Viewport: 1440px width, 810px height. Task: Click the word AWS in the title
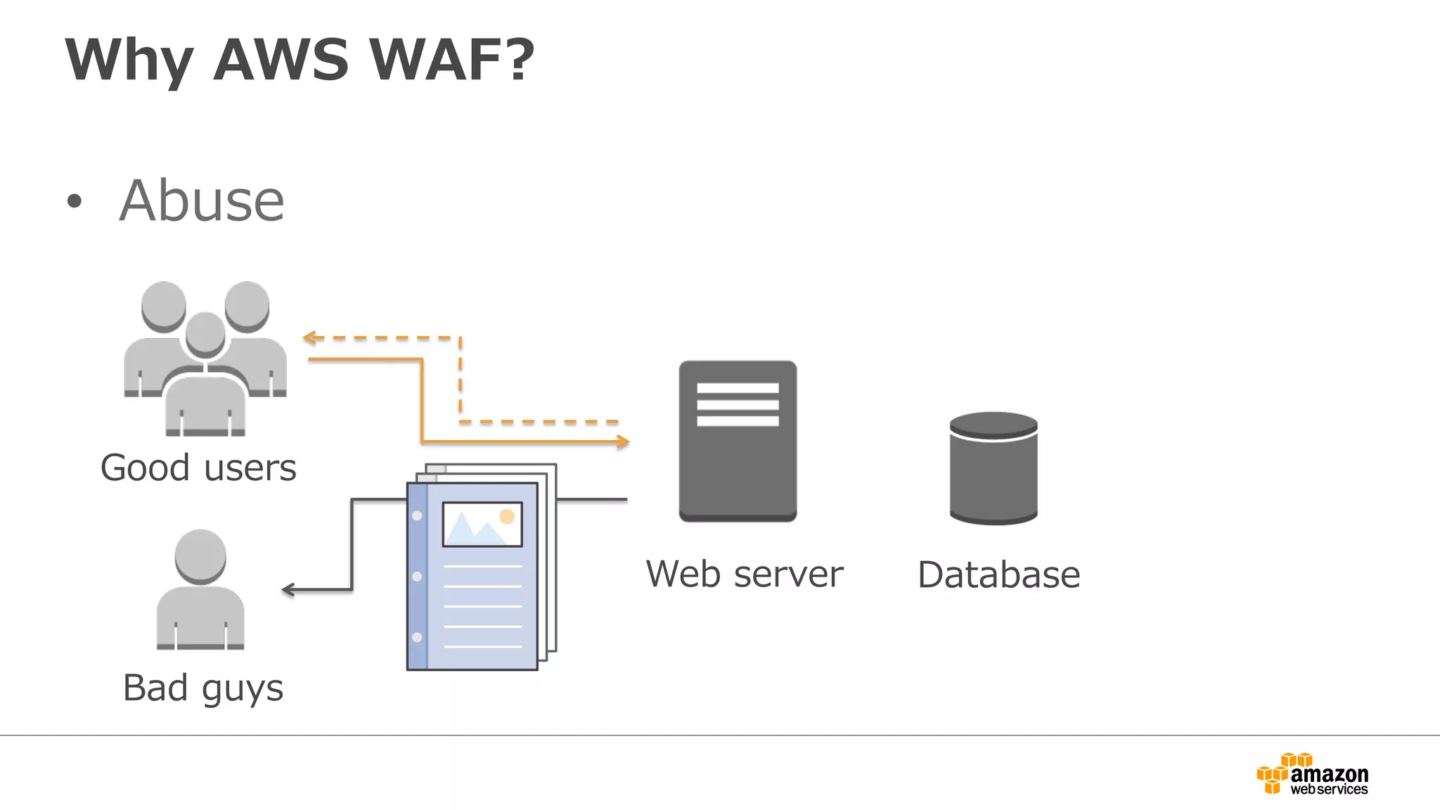[281, 60]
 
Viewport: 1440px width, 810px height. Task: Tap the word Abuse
[202, 201]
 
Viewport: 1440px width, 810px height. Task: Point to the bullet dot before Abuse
[74, 202]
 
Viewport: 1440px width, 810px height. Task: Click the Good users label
[198, 468]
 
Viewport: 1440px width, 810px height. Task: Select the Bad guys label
[202, 688]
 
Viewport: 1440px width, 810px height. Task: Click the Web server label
[744, 574]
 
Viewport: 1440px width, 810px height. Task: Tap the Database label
[998, 575]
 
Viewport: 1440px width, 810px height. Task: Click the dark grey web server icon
[738, 464]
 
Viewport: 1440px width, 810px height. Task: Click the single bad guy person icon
[200, 591]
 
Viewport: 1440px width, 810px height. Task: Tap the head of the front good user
[205, 333]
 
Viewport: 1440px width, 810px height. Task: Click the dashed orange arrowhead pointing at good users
[308, 337]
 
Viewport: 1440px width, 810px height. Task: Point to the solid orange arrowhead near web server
[623, 442]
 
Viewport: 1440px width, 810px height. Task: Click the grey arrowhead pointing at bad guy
[288, 589]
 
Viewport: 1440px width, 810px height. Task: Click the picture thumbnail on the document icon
[482, 525]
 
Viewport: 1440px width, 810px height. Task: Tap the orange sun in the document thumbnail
[507, 517]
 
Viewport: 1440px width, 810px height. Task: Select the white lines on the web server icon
[738, 404]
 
